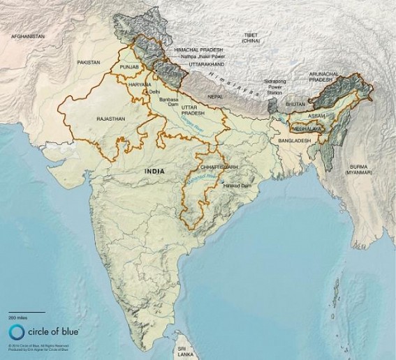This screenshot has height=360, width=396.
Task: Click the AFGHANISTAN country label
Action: pyautogui.click(x=27, y=35)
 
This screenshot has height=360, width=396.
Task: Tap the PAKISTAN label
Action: pyautogui.click(x=89, y=62)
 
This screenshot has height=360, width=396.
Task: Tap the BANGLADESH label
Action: pyautogui.click(x=293, y=140)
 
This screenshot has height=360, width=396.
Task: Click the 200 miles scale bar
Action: pyautogui.click(x=27, y=311)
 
